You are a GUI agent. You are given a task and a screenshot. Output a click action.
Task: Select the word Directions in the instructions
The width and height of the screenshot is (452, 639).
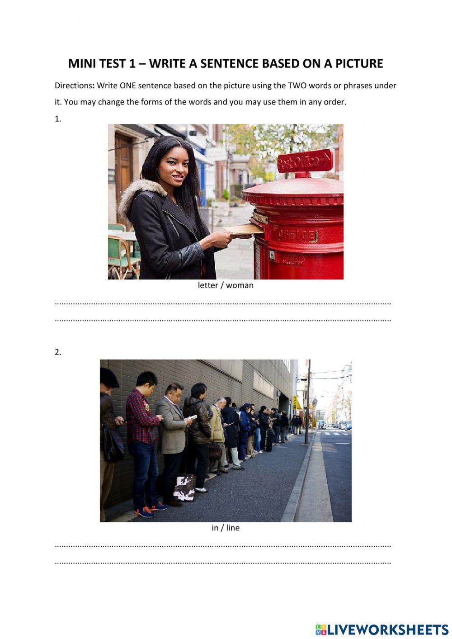pos(74,85)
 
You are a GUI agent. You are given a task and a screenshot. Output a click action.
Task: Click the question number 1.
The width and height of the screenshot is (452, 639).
pos(58,119)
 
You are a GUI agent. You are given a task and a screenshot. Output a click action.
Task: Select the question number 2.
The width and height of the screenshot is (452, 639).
pos(58,352)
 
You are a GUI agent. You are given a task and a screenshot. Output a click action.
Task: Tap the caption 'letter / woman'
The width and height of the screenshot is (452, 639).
pos(226,285)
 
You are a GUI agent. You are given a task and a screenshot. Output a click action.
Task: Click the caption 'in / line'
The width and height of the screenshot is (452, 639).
pos(226,528)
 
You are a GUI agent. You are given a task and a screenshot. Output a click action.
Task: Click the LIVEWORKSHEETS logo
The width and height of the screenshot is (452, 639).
pos(382,629)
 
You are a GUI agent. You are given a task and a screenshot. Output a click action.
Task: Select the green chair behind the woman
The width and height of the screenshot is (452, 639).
pos(118,253)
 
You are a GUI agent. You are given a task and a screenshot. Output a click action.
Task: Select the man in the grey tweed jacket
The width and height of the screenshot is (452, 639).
pos(172,430)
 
